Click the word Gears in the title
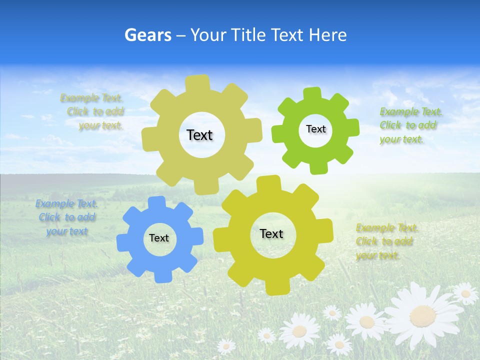point(147,35)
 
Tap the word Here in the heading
point(327,35)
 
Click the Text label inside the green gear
point(315,129)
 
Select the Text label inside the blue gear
point(159,238)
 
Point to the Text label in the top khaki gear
point(199,135)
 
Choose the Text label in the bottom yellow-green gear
point(271,234)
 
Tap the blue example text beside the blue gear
point(67,217)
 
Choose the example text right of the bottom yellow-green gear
point(386,241)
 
